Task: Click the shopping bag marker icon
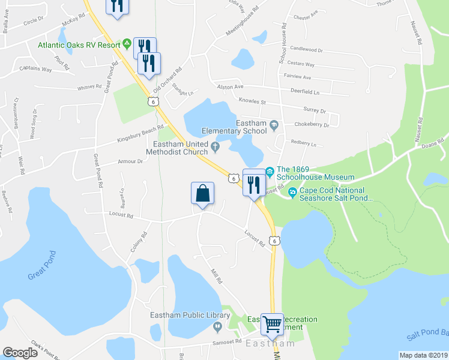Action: [x=203, y=194]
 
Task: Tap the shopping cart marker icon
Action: [x=273, y=325]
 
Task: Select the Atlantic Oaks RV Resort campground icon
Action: [x=127, y=44]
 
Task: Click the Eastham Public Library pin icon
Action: [x=217, y=326]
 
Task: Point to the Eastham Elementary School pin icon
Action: [x=274, y=125]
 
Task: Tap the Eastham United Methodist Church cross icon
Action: [x=215, y=145]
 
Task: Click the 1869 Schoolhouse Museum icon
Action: [x=270, y=172]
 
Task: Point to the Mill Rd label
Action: [x=216, y=276]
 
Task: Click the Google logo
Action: [x=20, y=352]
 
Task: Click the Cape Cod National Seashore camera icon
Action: [x=292, y=192]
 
